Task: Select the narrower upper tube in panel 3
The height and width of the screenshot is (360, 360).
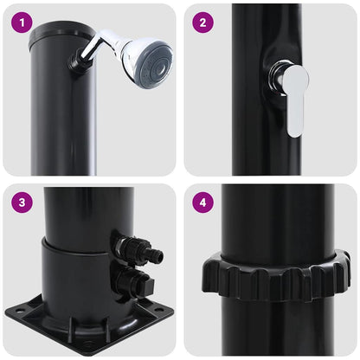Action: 87,212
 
